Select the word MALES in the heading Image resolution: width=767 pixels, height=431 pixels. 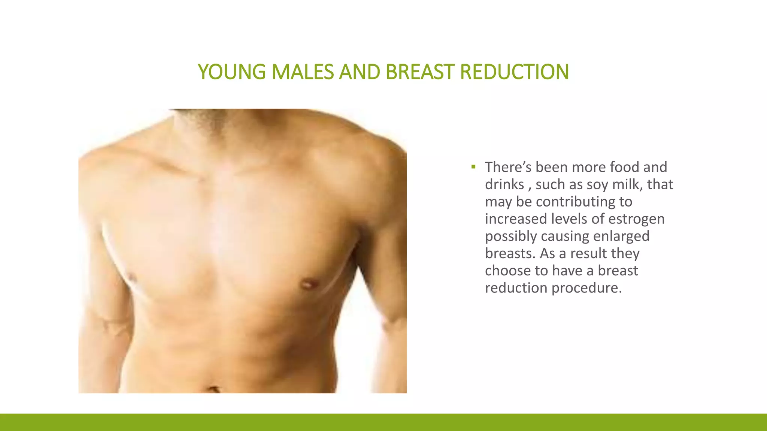point(302,72)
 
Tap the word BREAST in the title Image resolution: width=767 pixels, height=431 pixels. point(419,72)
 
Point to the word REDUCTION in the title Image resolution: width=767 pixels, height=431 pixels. point(514,72)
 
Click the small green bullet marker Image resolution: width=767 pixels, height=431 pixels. point(473,167)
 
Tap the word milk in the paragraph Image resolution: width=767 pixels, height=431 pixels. point(627,184)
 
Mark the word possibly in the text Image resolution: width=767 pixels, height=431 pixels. point(511,236)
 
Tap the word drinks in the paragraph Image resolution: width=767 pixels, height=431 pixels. point(504,184)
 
